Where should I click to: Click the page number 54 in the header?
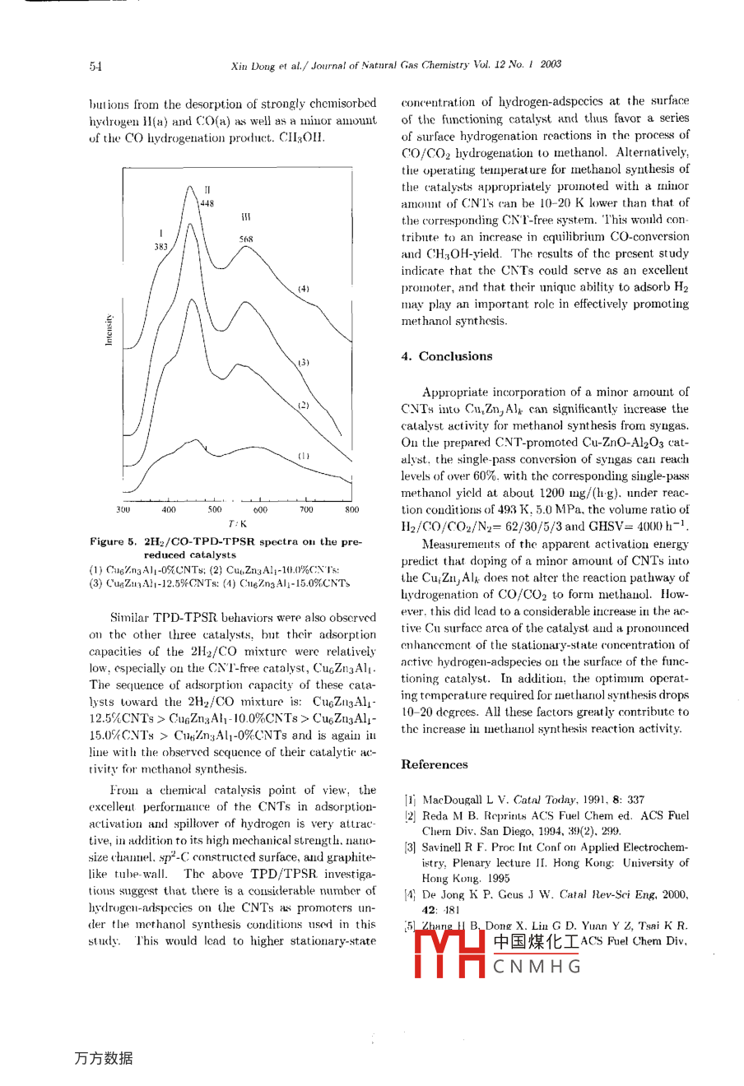coord(95,65)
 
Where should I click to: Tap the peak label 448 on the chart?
coord(207,204)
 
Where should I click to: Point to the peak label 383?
coord(160,246)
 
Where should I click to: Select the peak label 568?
coord(246,239)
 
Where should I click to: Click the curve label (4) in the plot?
coord(304,289)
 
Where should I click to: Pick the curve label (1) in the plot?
coord(304,455)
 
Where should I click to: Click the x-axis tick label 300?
coord(123,510)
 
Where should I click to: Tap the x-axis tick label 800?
coord(351,510)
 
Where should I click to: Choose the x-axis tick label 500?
coord(215,510)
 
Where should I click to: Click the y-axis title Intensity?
coord(109,330)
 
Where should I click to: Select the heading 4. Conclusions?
coord(447,356)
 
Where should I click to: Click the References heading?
coord(435,764)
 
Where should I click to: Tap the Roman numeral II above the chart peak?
coord(207,190)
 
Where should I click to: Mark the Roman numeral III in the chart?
coord(245,218)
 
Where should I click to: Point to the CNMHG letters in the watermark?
coord(537,967)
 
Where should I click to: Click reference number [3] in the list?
coord(409,847)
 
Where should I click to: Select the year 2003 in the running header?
coord(551,64)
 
